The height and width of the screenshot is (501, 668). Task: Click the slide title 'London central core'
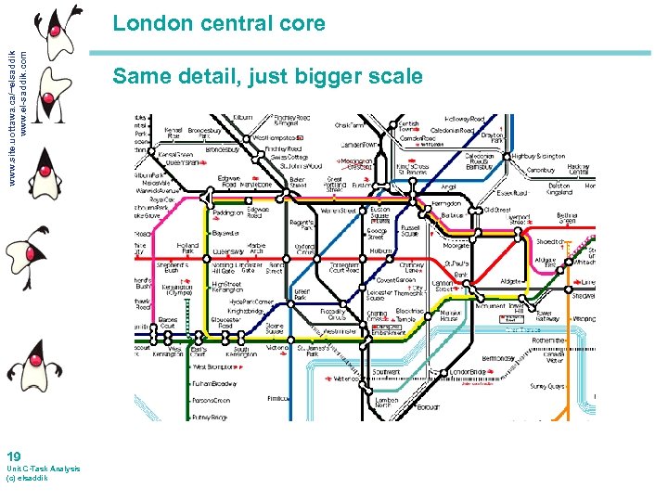pyautogui.click(x=219, y=23)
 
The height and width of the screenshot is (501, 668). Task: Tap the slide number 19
pyautogui.click(x=13, y=456)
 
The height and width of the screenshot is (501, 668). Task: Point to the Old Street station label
pyautogui.click(x=497, y=210)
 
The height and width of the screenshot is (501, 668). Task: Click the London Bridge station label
pyautogui.click(x=468, y=373)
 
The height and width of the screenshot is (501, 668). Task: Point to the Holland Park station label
pyautogui.click(x=188, y=248)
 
